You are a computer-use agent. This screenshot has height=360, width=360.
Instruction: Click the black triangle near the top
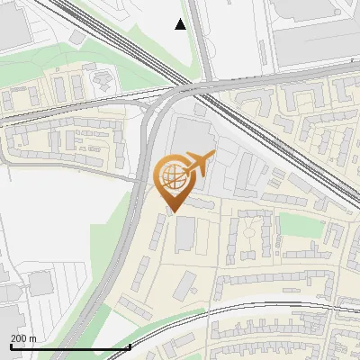[181, 24]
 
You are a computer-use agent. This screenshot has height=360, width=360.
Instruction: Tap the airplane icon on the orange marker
[200, 164]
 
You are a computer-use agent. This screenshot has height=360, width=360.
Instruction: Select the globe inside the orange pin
[174, 176]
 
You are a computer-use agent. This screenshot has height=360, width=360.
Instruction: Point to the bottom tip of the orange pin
[174, 213]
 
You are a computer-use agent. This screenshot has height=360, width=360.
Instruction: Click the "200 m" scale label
[23, 338]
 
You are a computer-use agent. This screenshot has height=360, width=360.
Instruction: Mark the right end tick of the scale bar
[130, 346]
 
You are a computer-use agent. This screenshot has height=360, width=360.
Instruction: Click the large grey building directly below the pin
[184, 234]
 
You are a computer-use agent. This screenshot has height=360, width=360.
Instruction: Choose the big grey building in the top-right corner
[315, 27]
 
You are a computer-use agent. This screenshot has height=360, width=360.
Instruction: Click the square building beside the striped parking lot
[40, 283]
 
